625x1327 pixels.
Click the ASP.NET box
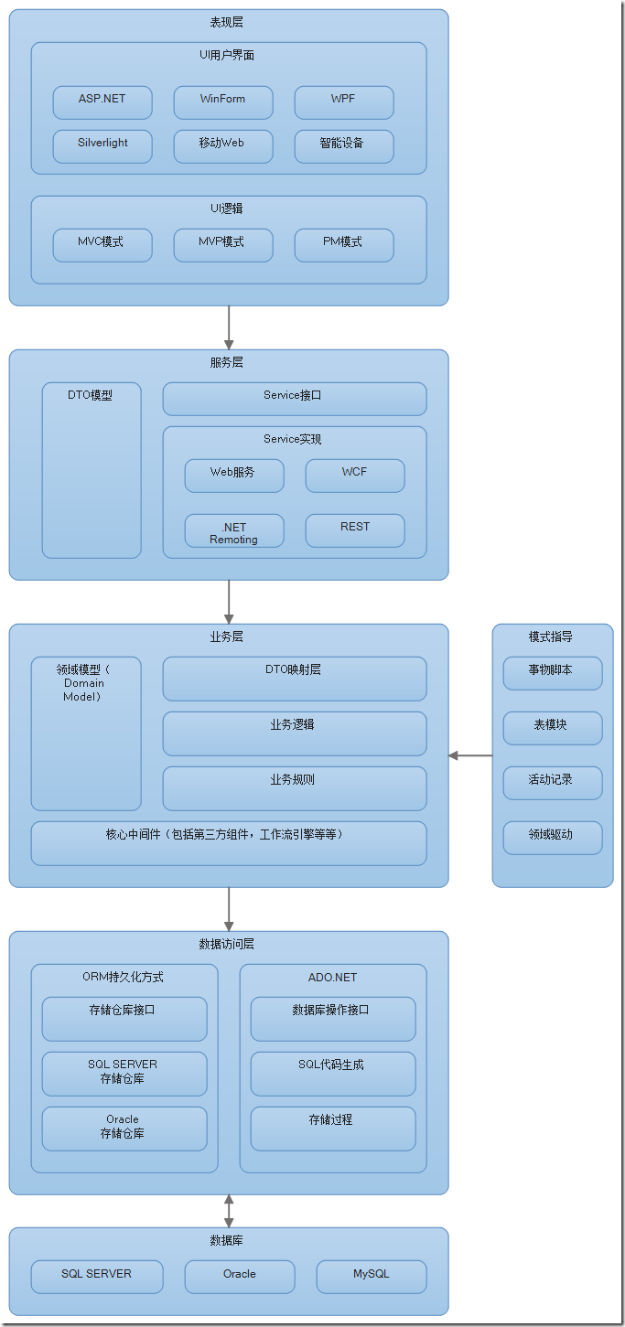102,102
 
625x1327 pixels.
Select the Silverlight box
102,146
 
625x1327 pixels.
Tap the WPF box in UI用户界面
344,102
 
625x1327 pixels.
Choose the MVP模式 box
223,245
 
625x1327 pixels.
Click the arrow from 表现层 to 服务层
229,326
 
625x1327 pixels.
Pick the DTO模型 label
92,396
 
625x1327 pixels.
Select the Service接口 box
295,399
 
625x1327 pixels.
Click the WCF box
355,476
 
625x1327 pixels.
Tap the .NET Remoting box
234,531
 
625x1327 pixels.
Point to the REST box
355,530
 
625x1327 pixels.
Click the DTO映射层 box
295,679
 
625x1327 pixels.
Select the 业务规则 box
295,788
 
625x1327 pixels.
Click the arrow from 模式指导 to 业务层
470,755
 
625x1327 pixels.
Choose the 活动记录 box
553,783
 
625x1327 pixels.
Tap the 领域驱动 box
553,838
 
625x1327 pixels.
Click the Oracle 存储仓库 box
124,1129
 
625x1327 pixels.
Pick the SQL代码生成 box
333,1074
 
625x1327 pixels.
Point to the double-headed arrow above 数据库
229,1211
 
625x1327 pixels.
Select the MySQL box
372,1277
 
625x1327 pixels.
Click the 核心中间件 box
229,843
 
